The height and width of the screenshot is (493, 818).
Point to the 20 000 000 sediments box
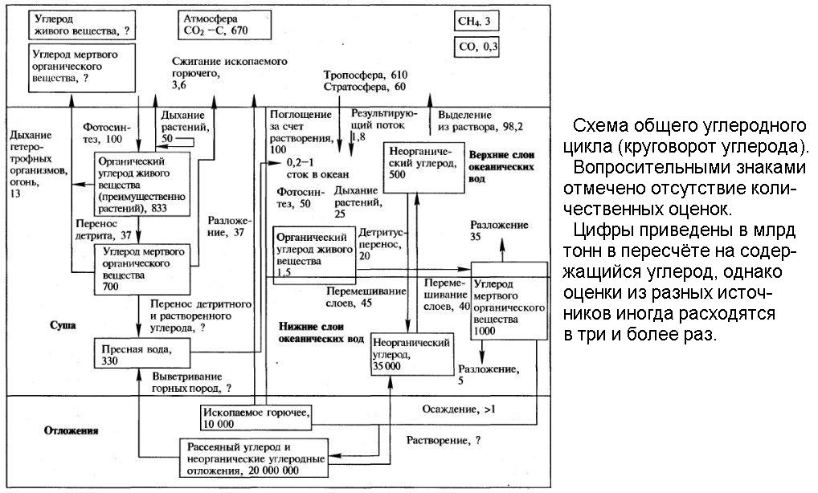coord(255,458)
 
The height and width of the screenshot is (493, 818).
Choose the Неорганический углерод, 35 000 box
coord(411,352)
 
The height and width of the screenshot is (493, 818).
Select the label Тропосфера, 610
coord(366,74)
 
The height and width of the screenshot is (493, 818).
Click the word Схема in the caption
coord(602,126)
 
